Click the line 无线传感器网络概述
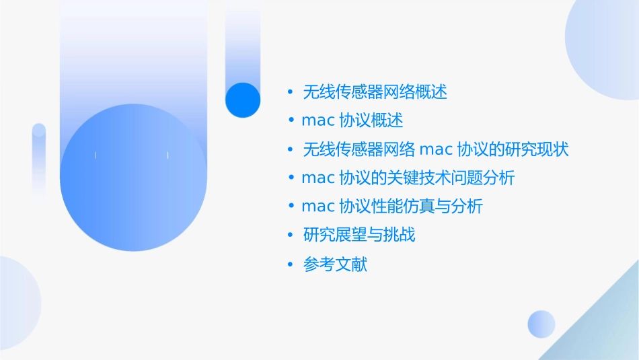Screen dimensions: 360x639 (375, 92)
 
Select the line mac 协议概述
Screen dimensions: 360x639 (352, 120)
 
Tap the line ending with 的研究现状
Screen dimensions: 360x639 (436, 149)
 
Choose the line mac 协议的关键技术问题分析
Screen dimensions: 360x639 (408, 178)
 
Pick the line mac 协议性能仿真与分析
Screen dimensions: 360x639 (392, 207)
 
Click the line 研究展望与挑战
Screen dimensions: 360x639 (359, 236)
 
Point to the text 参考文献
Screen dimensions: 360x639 (336, 264)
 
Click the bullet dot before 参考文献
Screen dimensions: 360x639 (291, 264)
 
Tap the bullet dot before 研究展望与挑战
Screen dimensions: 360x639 (291, 236)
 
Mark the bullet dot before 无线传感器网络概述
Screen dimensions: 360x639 (291, 92)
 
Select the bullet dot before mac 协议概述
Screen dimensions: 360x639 (291, 120)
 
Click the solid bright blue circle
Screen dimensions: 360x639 (243, 100)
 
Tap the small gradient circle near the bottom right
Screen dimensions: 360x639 (541, 324)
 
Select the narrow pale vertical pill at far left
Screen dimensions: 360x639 (39, 161)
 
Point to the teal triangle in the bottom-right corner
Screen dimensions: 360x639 (605, 330)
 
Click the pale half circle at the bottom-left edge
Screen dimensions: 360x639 (17, 303)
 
